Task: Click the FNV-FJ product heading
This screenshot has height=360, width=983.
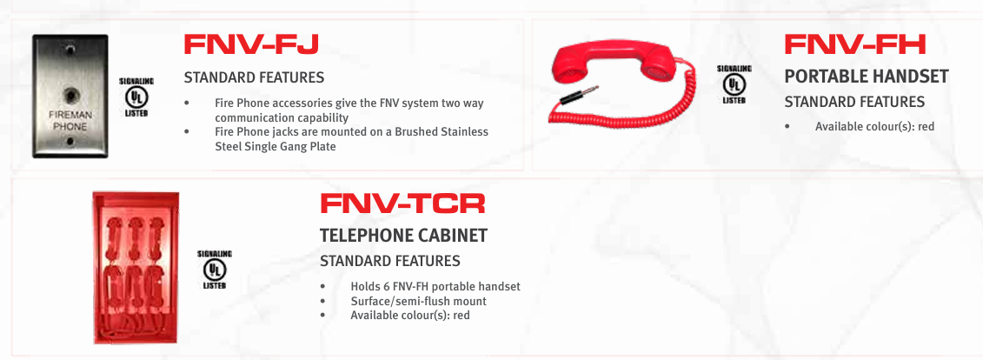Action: [251, 43]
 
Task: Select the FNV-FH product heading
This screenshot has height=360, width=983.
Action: [855, 43]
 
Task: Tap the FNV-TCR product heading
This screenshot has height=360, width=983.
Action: [402, 203]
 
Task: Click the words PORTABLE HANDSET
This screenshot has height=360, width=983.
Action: [867, 77]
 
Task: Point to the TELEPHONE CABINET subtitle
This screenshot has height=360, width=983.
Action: [404, 236]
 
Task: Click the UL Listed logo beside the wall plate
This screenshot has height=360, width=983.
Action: [136, 97]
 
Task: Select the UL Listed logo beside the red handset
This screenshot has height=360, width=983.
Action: [734, 84]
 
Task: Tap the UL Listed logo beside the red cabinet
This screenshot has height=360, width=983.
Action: [215, 270]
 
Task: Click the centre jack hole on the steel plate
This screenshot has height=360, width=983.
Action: [70, 96]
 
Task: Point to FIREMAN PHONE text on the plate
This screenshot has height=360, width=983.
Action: [70, 120]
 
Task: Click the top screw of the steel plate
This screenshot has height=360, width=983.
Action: [71, 49]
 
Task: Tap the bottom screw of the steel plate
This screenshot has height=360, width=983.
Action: [70, 143]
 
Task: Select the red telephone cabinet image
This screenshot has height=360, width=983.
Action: [136, 268]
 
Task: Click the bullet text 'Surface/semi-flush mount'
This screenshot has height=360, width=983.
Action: [419, 301]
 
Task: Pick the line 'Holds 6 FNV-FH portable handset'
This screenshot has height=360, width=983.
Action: [435, 287]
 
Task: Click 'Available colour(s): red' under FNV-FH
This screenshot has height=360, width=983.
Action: [874, 127]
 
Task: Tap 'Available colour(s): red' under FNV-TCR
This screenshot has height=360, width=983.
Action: [410, 315]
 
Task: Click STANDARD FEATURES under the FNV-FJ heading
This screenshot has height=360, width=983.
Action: [254, 77]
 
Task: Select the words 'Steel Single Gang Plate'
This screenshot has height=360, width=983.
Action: [276, 147]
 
